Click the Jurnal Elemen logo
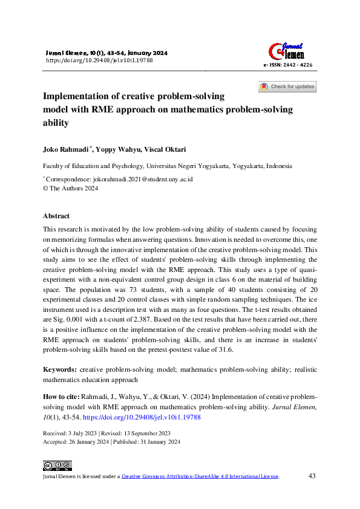click(x=286, y=48)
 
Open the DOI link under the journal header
click(x=99, y=60)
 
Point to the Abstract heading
click(x=56, y=216)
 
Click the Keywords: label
click(x=59, y=369)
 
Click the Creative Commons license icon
click(x=57, y=465)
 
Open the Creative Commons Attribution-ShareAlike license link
click(x=200, y=476)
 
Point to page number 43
click(x=312, y=476)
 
